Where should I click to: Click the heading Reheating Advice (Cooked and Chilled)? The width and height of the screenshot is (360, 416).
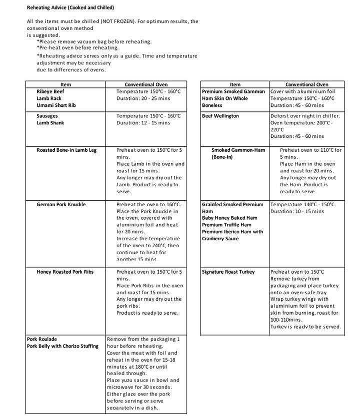pos(70,8)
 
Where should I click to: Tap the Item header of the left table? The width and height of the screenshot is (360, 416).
pos(65,85)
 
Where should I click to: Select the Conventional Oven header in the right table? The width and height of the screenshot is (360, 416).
pos(306,85)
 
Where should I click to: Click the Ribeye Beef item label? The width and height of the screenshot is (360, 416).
pos(50,92)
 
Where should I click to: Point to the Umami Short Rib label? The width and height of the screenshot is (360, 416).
pos(56,106)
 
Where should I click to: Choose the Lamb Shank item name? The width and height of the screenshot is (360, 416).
pos(50,123)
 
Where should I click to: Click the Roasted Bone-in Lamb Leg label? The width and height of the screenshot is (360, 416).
pos(66,150)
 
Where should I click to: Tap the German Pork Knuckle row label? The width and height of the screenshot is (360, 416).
pos(61,205)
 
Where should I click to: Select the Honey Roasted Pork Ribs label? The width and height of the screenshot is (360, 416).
pos(65,272)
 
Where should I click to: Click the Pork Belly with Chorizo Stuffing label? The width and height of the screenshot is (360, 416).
pos(62,346)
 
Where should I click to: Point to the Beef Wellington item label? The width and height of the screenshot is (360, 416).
pos(220,116)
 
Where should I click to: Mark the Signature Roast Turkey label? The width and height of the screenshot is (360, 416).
pos(228,272)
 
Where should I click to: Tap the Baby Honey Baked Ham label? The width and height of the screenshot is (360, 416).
pos(229,218)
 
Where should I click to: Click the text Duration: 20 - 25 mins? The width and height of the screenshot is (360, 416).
pos(143,99)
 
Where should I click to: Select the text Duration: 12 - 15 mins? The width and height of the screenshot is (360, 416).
pos(143,123)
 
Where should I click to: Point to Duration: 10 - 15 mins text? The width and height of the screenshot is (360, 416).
pos(297,212)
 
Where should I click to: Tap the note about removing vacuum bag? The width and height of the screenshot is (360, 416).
pos(94,41)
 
